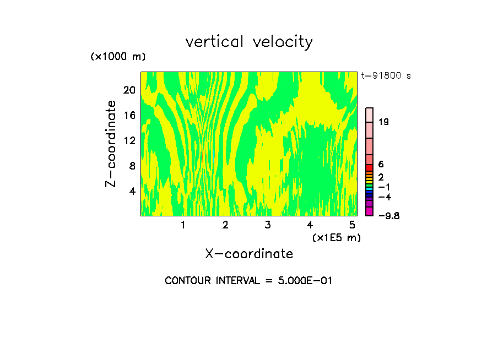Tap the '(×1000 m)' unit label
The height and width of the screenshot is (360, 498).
coord(118,57)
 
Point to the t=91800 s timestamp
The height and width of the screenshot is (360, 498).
coord(386,76)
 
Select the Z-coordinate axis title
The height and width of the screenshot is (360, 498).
coord(111,144)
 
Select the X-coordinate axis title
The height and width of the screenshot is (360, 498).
coord(249,254)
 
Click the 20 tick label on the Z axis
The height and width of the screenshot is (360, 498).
coord(129,90)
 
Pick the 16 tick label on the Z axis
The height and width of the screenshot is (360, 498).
coord(129,116)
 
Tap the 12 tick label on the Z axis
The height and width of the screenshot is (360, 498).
coord(129,140)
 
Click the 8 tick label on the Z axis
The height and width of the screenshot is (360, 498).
coord(132,166)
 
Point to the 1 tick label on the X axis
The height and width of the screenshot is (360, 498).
coord(183,225)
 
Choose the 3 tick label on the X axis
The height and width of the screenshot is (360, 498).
coord(267,225)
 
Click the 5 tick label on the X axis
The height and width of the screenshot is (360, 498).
coord(352,225)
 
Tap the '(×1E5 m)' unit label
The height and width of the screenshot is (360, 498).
coord(336,238)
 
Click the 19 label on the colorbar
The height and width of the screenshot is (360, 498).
coord(384,122)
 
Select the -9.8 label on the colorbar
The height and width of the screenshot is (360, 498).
coord(388,216)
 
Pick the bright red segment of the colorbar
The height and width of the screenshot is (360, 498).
coord(370,167)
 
